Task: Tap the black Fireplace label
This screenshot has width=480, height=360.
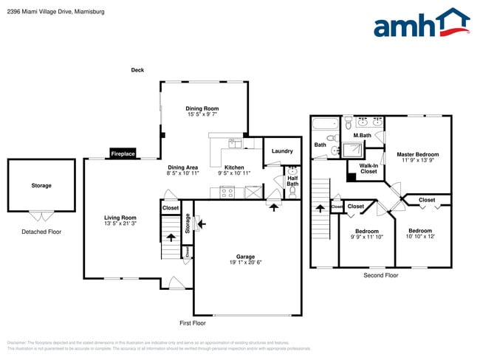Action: [123, 153]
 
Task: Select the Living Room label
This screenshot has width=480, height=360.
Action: [120, 218]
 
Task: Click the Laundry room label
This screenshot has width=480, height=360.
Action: [282, 151]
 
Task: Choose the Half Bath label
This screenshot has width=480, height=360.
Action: [293, 180]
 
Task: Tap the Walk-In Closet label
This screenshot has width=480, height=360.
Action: [368, 168]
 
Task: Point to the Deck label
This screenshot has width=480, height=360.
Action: [137, 70]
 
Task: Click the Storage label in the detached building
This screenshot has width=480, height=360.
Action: [41, 185]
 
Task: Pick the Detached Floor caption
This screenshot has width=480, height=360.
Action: [41, 232]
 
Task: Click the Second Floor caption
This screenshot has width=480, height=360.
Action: [380, 275]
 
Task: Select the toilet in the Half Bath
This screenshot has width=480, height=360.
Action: [293, 193]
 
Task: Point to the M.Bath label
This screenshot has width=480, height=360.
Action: [362, 135]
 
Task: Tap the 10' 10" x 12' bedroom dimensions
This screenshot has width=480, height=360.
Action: [420, 237]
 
